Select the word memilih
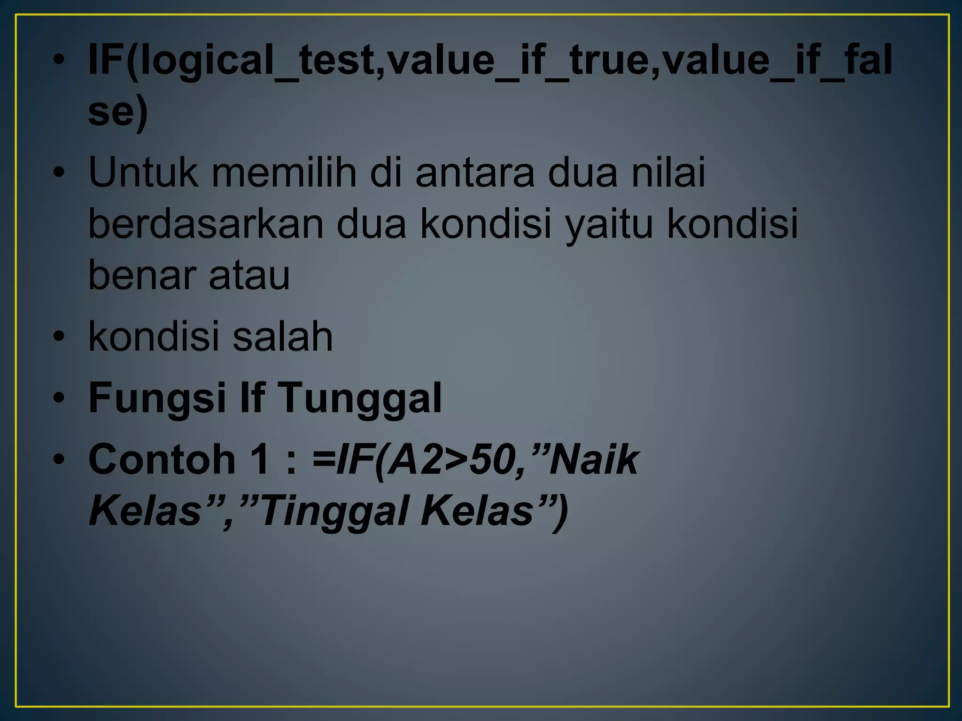pos(284,172)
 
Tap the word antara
pos(475,173)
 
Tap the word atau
pos(249,276)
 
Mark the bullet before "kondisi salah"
pos(58,337)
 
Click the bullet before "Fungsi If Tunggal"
pos(58,398)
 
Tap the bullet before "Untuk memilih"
pos(58,172)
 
